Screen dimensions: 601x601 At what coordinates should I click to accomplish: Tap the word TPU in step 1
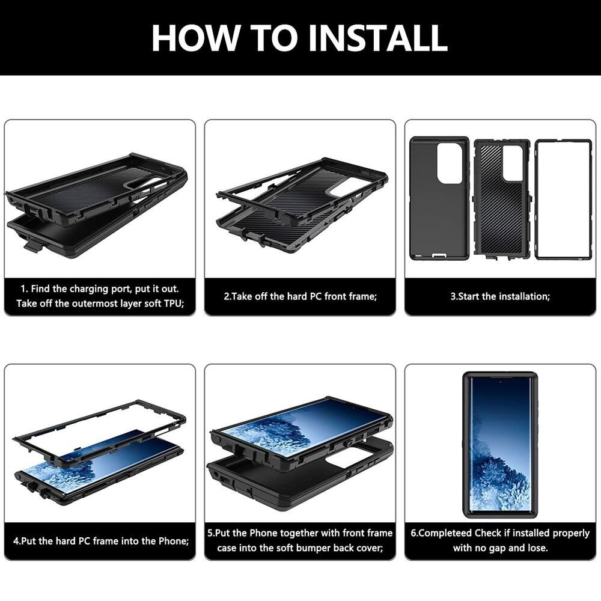(173, 304)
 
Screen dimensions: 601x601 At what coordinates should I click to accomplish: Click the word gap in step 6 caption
(503, 548)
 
